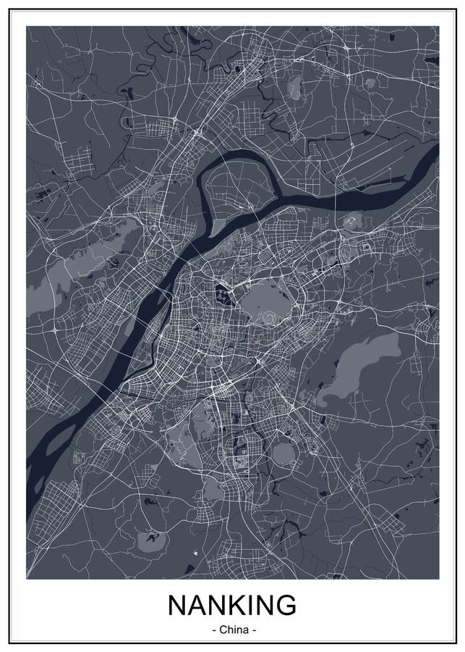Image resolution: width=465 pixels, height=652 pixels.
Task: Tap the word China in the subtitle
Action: click(232, 630)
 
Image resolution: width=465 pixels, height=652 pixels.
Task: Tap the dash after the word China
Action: click(255, 630)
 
